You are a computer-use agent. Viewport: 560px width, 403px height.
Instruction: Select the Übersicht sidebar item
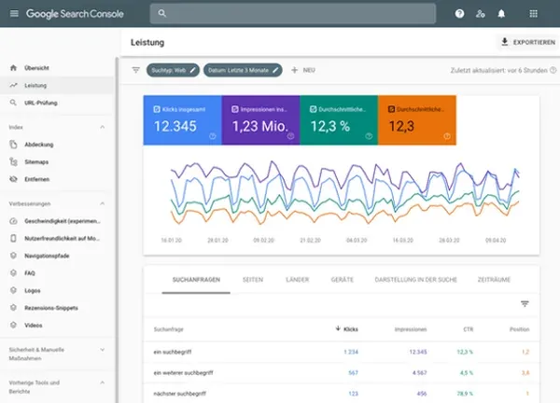point(38,68)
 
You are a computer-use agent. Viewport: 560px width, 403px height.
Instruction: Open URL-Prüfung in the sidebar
point(43,102)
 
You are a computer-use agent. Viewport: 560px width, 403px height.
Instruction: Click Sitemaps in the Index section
point(37,161)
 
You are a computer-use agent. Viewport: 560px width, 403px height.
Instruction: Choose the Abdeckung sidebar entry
point(39,145)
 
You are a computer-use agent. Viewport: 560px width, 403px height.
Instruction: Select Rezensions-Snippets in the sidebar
point(52,307)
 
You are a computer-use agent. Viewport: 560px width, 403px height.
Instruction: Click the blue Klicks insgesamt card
point(182,120)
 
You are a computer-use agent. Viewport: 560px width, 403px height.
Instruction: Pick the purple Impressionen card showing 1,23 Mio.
point(260,120)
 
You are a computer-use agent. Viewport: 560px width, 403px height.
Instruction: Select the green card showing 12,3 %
point(339,120)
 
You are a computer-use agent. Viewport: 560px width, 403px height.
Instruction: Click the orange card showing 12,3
point(416,120)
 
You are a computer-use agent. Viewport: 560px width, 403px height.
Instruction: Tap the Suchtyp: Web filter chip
point(173,70)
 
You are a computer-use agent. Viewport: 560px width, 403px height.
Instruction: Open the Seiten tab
point(252,279)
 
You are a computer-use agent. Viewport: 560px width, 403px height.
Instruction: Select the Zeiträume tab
point(494,279)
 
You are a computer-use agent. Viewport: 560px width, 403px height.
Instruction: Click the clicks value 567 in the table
point(352,373)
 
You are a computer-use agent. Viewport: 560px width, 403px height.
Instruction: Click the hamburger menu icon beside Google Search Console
point(12,14)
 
